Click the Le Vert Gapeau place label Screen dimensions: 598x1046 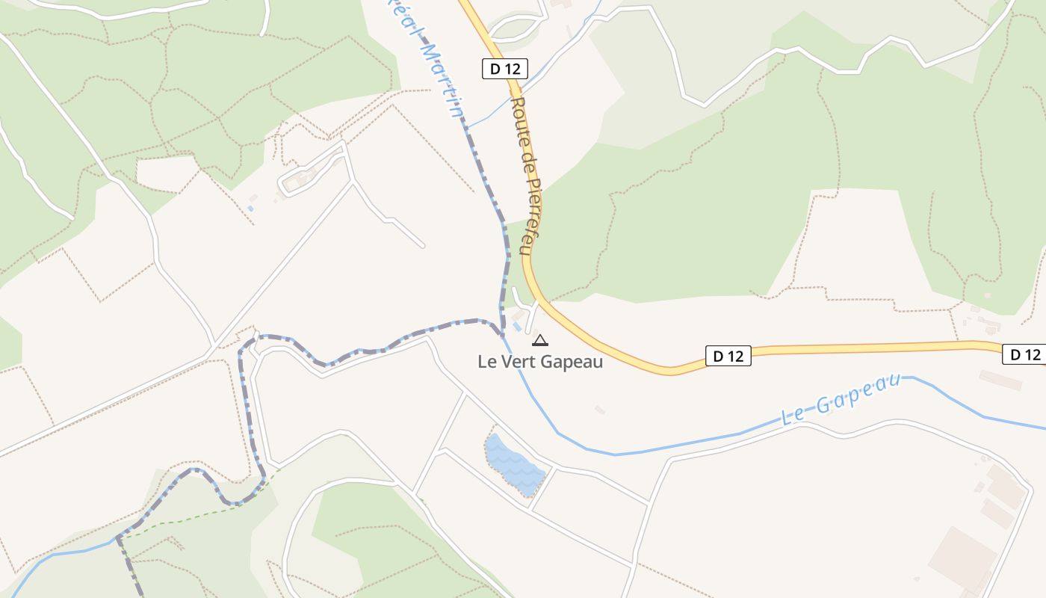(539, 361)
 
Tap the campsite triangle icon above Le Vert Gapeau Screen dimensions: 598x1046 (539, 341)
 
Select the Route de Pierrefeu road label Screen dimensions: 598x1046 (528, 176)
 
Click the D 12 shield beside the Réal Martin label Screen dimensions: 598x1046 (505, 70)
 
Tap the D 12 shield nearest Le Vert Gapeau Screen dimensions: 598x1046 (728, 356)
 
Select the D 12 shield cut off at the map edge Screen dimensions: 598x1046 (1023, 354)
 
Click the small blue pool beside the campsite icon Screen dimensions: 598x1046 (517, 327)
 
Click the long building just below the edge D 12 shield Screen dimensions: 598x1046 (1000, 380)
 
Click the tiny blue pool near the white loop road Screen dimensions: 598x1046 (250, 209)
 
